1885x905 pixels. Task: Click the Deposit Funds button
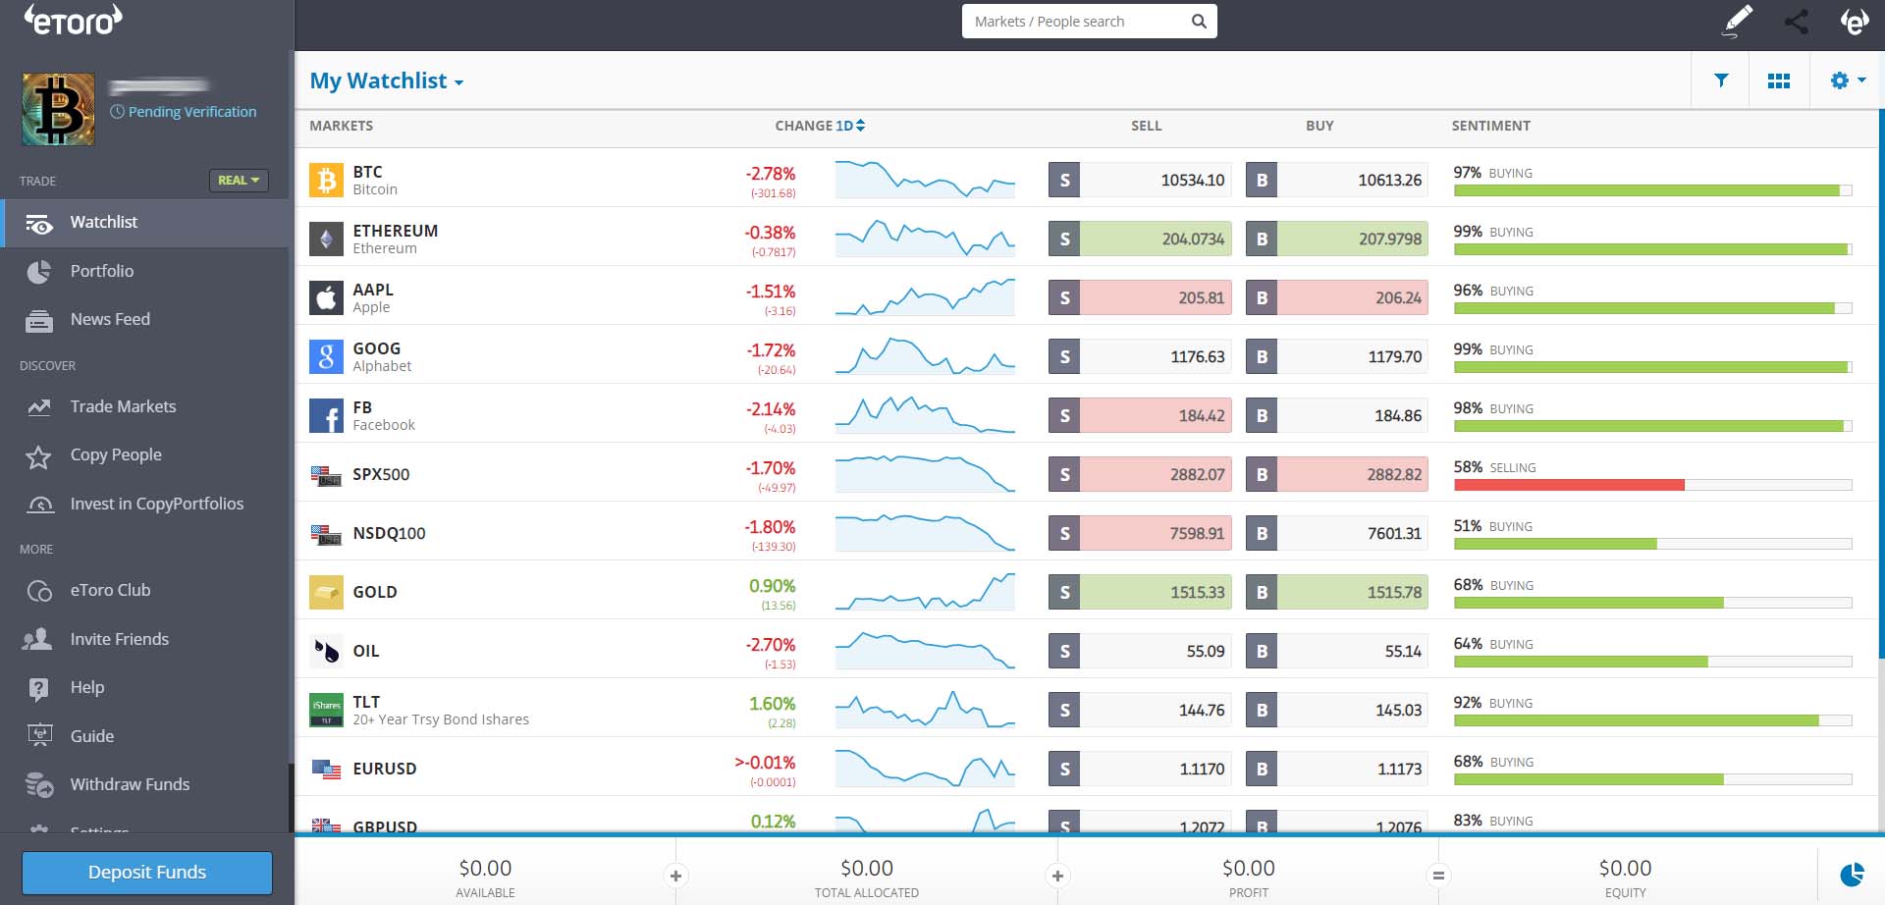(x=147, y=872)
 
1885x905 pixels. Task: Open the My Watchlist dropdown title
(x=386, y=80)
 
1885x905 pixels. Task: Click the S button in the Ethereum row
(x=1064, y=239)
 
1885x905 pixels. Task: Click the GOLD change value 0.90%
(x=772, y=586)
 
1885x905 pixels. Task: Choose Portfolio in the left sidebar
(x=101, y=271)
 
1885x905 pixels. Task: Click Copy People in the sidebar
(x=115, y=454)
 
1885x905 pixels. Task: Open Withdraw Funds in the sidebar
(x=130, y=784)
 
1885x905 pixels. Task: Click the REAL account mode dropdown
(x=239, y=181)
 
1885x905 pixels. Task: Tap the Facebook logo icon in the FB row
(x=326, y=415)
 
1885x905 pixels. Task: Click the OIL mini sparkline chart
(x=924, y=650)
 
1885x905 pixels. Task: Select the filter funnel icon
(x=1721, y=80)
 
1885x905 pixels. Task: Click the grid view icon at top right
(x=1778, y=80)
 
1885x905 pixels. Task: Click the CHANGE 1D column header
(x=819, y=126)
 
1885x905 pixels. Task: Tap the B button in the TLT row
(x=1262, y=710)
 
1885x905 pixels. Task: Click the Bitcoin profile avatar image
(x=59, y=109)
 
